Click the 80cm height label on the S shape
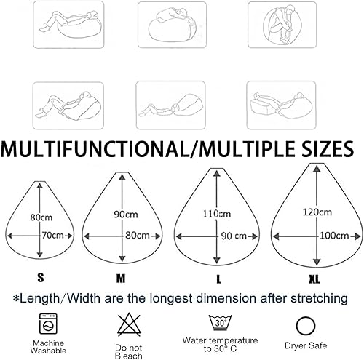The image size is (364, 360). click(41, 217)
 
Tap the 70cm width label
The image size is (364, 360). click(53, 235)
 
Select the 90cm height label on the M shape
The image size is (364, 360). click(126, 215)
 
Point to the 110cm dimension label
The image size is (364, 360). click(217, 214)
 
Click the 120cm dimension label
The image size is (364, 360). click(317, 212)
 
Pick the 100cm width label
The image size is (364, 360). click(334, 236)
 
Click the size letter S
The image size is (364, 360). click(41, 278)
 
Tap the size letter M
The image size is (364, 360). click(121, 279)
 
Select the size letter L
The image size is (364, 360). click(218, 279)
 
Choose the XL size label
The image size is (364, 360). click(314, 279)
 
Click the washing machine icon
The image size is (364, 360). click(48, 324)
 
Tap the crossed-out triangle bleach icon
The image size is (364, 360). click(129, 324)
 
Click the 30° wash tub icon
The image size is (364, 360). click(220, 322)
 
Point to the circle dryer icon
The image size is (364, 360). click(306, 326)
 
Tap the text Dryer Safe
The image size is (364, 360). click(306, 345)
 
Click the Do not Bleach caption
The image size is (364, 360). click(129, 352)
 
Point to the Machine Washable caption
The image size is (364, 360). click(48, 347)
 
